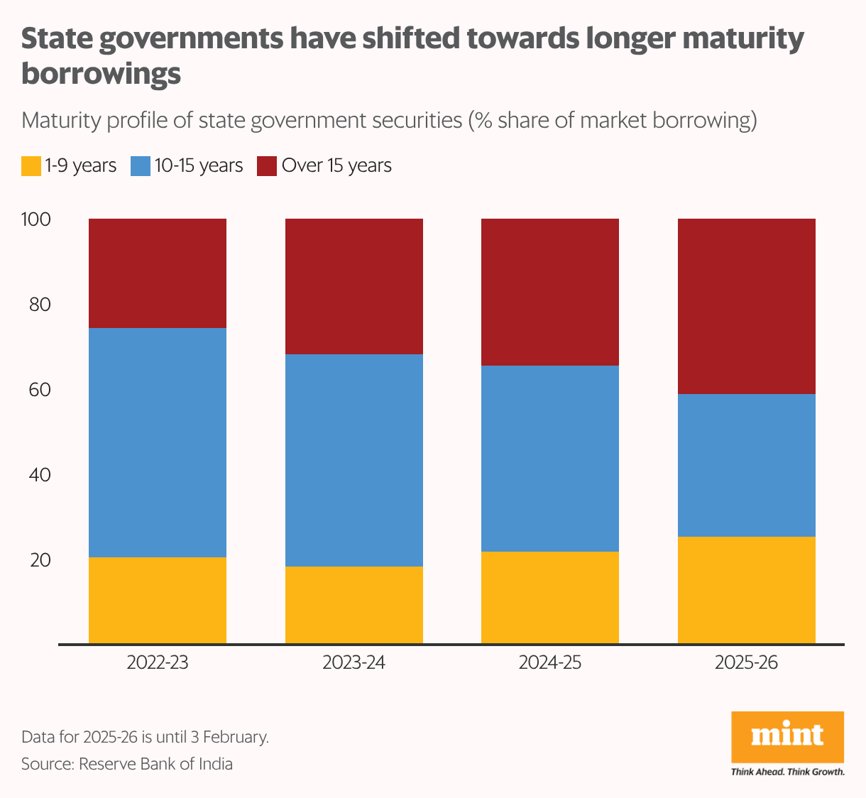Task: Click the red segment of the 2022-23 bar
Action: tap(157, 273)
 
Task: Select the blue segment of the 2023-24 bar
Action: tap(353, 460)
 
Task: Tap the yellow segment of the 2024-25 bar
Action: tap(549, 597)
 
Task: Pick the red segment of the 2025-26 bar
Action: tap(746, 306)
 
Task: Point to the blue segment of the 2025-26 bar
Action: tap(746, 465)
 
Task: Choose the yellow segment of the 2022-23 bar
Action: tap(157, 600)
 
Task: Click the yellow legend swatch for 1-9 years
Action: tap(31, 166)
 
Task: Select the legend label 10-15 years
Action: tap(199, 165)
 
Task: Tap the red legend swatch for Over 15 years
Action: tap(266, 166)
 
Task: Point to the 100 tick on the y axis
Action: tap(36, 219)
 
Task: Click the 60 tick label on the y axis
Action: tap(40, 390)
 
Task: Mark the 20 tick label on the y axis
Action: tap(40, 560)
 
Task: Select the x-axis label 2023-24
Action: tap(353, 663)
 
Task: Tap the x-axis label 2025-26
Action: tap(746, 663)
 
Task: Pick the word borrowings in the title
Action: tap(101, 73)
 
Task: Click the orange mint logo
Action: tap(787, 736)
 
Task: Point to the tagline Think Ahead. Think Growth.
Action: tap(787, 772)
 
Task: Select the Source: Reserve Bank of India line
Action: tap(127, 764)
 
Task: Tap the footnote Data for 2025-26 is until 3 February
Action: tap(145, 737)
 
